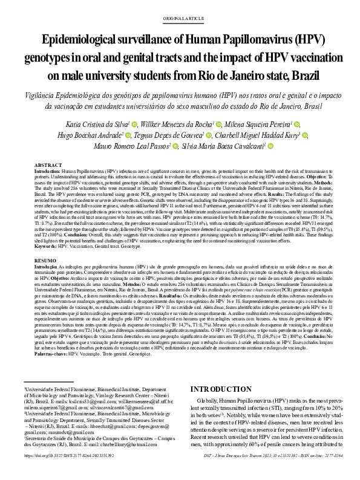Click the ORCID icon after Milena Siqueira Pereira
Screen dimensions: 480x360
[x=272, y=124]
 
